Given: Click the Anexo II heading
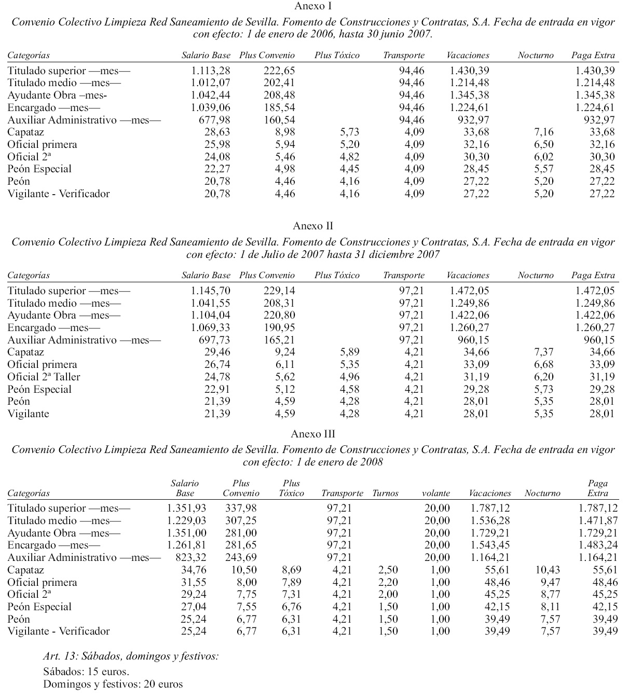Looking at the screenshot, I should (x=313, y=226).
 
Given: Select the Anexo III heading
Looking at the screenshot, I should (x=313, y=434).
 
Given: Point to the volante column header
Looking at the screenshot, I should (x=436, y=493).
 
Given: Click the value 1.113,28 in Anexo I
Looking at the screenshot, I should (x=210, y=71).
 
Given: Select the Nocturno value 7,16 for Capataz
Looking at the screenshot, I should (x=543, y=132).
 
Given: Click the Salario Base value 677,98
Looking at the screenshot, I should (x=215, y=120).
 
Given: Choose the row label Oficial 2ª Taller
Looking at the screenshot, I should (x=44, y=377).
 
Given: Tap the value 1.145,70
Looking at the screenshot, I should (x=210, y=291).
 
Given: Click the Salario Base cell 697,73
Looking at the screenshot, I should (x=215, y=340).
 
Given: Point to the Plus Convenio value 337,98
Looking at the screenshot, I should (x=241, y=508).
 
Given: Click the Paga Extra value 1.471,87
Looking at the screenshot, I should (x=598, y=520).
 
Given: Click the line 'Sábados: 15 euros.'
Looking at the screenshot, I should (x=86, y=672).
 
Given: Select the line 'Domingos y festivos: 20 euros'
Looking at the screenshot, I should (x=113, y=684).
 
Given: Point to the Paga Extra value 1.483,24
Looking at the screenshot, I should (x=598, y=545).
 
